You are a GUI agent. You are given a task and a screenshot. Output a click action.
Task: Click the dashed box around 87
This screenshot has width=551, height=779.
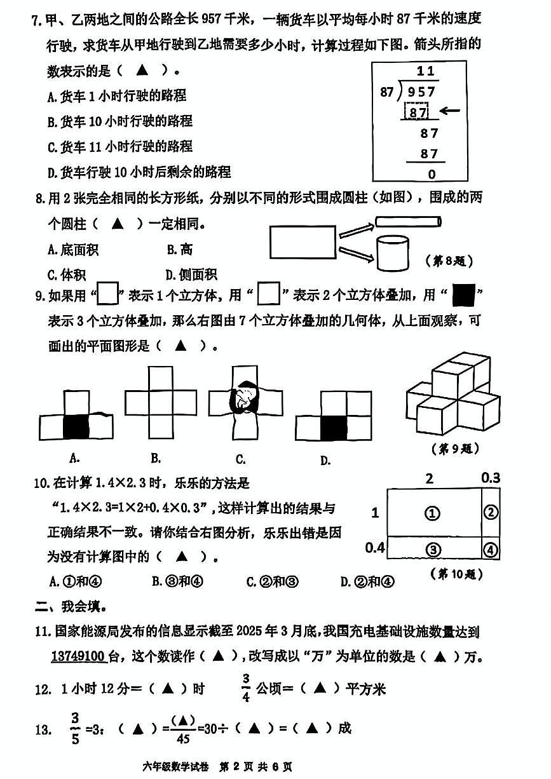coord(418,112)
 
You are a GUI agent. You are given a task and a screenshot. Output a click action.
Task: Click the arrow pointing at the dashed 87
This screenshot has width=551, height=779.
coord(449,111)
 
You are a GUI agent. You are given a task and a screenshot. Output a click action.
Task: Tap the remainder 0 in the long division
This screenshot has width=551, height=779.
coord(432,174)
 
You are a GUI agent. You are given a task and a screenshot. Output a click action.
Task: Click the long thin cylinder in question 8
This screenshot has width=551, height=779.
coord(407,222)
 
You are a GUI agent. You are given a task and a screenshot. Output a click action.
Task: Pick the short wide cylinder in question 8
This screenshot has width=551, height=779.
coord(391,252)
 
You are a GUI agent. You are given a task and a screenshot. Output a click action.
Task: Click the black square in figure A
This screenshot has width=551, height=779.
coord(76,426)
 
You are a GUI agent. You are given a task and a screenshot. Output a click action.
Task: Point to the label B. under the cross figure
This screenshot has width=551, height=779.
coord(156,457)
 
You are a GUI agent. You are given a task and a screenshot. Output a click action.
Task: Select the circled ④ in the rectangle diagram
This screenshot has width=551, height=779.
coord(491,550)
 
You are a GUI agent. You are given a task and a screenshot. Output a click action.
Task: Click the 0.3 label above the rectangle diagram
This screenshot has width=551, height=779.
coord(491,478)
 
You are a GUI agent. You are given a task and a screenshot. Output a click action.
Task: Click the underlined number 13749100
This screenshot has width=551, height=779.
coord(78,656)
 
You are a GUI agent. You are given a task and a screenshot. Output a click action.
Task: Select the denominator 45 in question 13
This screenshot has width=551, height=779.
coord(182,736)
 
